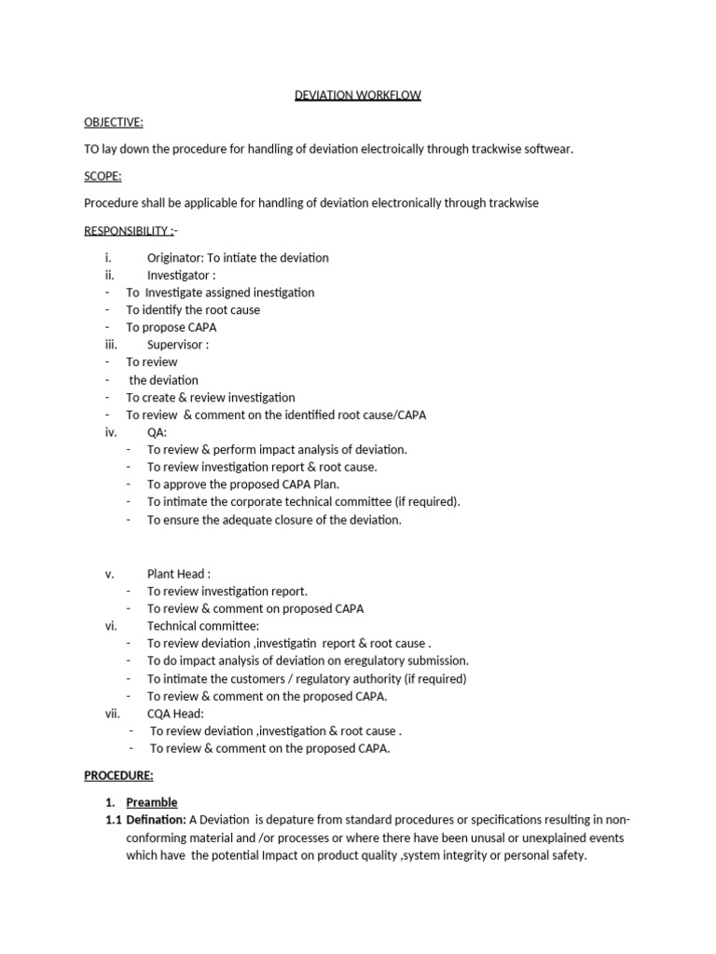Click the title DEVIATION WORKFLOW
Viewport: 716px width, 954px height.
pos(358,96)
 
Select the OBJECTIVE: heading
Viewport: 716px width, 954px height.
pos(114,123)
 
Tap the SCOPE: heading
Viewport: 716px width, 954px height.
pos(103,176)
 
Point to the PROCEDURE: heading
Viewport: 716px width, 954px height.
pos(118,775)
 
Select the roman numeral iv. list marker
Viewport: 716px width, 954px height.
pos(111,432)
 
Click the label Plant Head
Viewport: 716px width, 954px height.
pos(176,574)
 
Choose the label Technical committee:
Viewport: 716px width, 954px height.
pos(203,626)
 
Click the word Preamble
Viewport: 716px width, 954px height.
pos(152,802)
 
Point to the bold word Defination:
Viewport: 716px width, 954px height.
pos(156,820)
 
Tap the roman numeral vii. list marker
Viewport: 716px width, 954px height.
pos(113,714)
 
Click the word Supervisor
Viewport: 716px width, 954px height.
pos(175,345)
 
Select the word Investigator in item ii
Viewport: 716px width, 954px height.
pos(177,275)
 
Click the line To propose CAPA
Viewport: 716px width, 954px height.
pos(172,327)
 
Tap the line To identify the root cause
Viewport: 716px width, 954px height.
pos(193,309)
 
